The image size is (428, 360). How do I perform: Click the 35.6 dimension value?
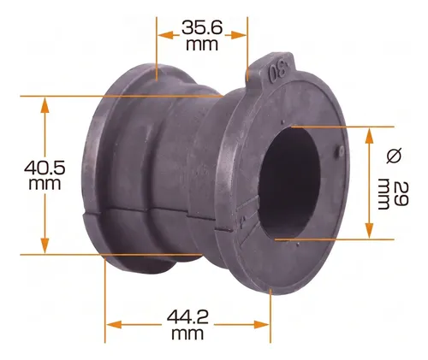point(202,27)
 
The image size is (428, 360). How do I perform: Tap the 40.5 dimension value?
point(45,168)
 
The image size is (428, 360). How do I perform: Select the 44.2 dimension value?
point(187,316)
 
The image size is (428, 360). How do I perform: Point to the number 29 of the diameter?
point(401,193)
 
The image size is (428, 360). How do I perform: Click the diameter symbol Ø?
point(394,156)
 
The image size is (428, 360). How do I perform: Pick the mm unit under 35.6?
point(202,45)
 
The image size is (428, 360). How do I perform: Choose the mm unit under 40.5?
point(45,184)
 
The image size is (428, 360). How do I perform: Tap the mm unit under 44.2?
point(187,333)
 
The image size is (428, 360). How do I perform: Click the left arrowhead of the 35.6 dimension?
point(165,35)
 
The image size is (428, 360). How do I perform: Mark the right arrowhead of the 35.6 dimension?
point(239,35)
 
